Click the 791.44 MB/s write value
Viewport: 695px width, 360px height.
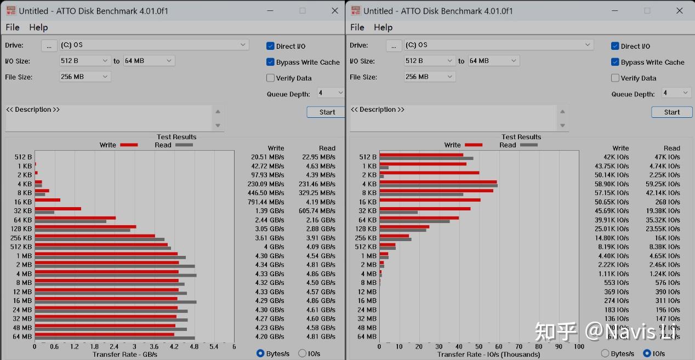point(265,202)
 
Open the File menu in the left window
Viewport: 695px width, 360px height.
point(13,27)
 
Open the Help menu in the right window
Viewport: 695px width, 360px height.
point(383,27)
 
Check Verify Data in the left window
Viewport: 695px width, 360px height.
point(271,78)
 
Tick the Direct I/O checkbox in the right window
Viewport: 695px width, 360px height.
point(615,46)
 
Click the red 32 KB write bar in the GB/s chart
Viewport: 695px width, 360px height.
point(58,209)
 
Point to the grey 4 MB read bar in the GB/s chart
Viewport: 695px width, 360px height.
point(115,275)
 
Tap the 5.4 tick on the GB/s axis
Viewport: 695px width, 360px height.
point(214,346)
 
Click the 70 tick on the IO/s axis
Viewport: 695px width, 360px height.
point(519,346)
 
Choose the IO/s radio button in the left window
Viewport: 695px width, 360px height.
point(302,353)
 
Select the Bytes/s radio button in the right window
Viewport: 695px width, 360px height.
point(605,353)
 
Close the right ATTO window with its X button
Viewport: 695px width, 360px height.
point(680,10)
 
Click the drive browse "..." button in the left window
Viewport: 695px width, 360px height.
point(49,45)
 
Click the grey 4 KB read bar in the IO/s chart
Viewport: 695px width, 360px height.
point(438,185)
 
